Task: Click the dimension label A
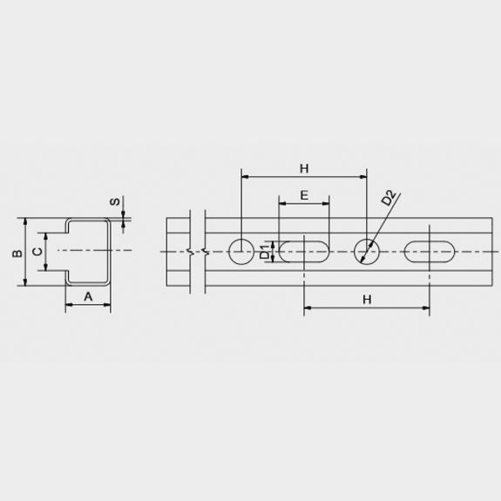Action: click(x=88, y=296)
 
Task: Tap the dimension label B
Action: click(x=17, y=253)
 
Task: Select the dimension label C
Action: click(x=37, y=252)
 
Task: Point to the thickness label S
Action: click(x=115, y=201)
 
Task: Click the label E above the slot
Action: click(x=304, y=195)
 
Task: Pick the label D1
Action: click(x=265, y=252)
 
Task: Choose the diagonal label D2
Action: click(x=389, y=198)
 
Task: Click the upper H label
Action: click(x=304, y=168)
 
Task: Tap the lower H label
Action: click(x=367, y=300)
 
